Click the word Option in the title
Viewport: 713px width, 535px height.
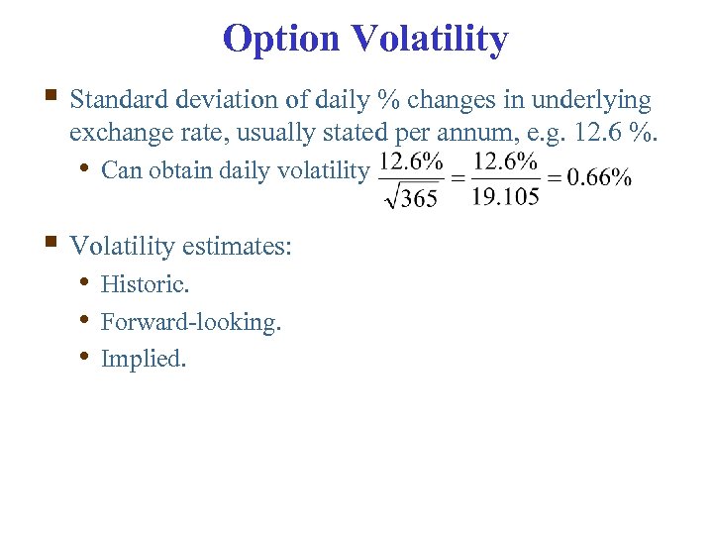[281, 40]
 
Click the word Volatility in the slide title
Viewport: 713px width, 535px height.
[429, 40]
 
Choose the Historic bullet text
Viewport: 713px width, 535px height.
[146, 284]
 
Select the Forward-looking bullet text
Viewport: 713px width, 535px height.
[191, 322]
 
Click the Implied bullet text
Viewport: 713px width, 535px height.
[144, 359]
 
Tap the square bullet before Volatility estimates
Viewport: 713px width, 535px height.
[51, 242]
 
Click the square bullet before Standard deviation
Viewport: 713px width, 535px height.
[51, 97]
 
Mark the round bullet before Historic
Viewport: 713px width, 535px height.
[86, 283]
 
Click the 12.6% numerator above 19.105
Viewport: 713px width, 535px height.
[505, 160]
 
